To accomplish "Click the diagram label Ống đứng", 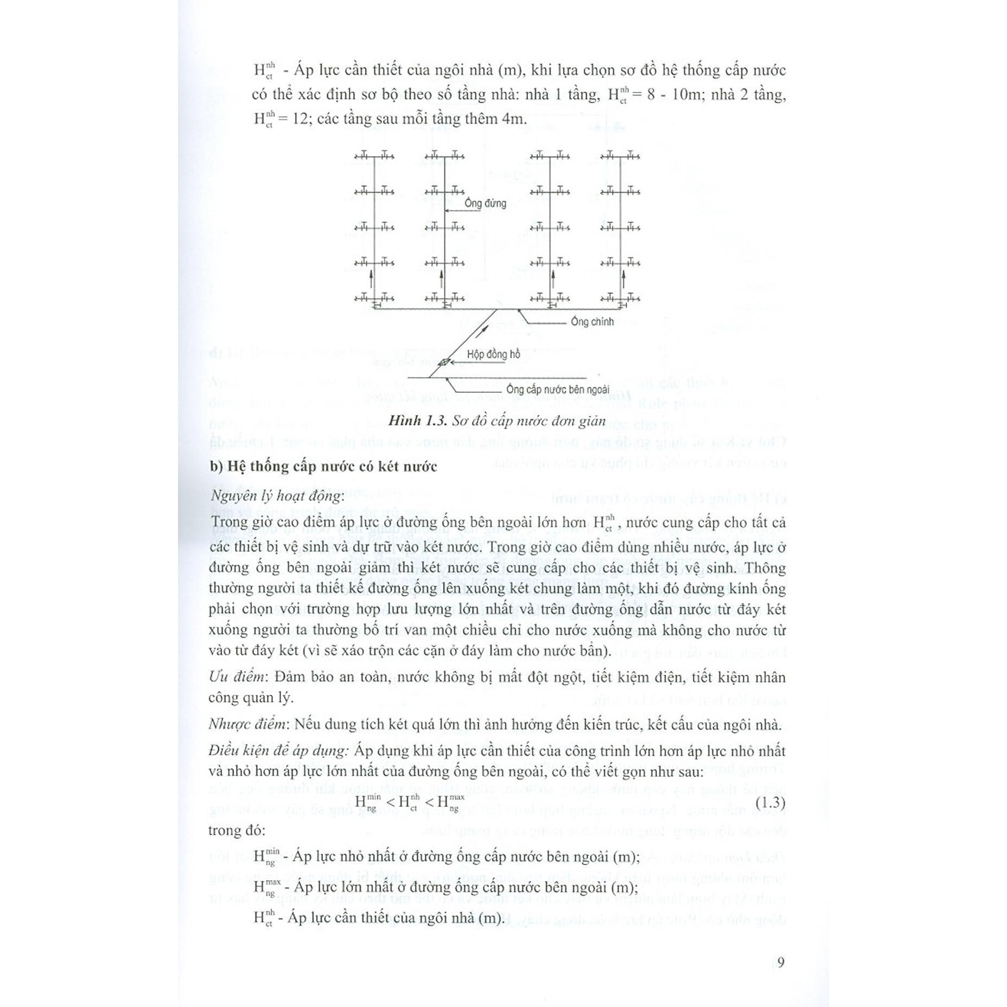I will (485, 203).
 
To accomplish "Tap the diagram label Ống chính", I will (592, 322).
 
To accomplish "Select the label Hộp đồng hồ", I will (493, 354).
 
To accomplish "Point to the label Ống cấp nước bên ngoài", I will (558, 390).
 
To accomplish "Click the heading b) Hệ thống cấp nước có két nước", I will (323, 467).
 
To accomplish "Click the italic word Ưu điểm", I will (237, 677).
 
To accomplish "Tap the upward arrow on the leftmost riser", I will (371, 281).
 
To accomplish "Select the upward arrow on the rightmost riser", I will (623, 281).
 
